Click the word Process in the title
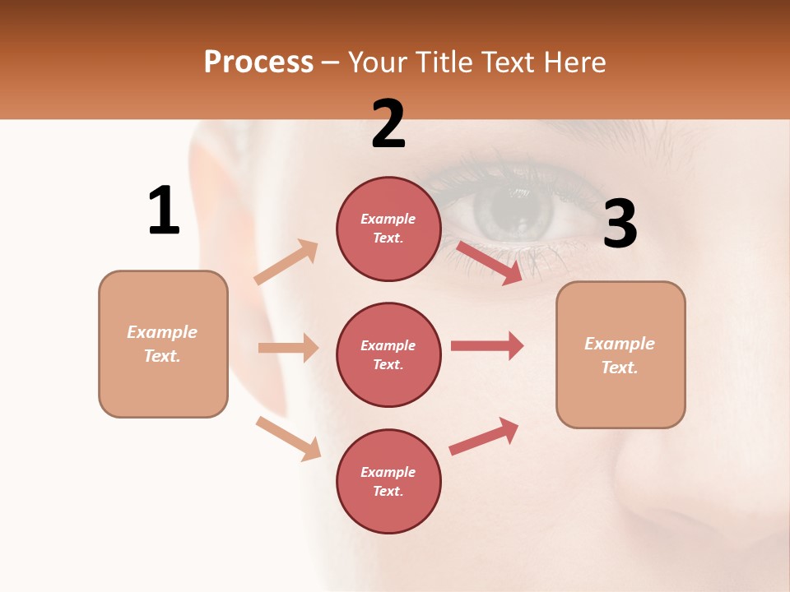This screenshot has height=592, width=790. pos(258,62)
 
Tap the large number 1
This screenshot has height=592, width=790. pos(164,211)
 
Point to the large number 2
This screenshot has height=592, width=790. pos(388,124)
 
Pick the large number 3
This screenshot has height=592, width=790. pos(620,224)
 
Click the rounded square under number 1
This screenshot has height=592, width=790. pos(163,344)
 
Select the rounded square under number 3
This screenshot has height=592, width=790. pos(620,355)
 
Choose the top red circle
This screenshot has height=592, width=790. pos(388,229)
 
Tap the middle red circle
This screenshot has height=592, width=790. pos(388,354)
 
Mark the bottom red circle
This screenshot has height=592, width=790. pos(388,481)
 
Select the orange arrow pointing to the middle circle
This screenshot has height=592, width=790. pos(288,348)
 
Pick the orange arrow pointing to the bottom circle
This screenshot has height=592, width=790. pos(289,437)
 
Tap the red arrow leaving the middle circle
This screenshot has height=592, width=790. pos(487,345)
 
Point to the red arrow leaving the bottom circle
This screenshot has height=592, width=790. pos(485,436)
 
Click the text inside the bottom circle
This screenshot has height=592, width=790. pos(388,481)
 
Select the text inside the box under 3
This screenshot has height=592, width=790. pos(620,355)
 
